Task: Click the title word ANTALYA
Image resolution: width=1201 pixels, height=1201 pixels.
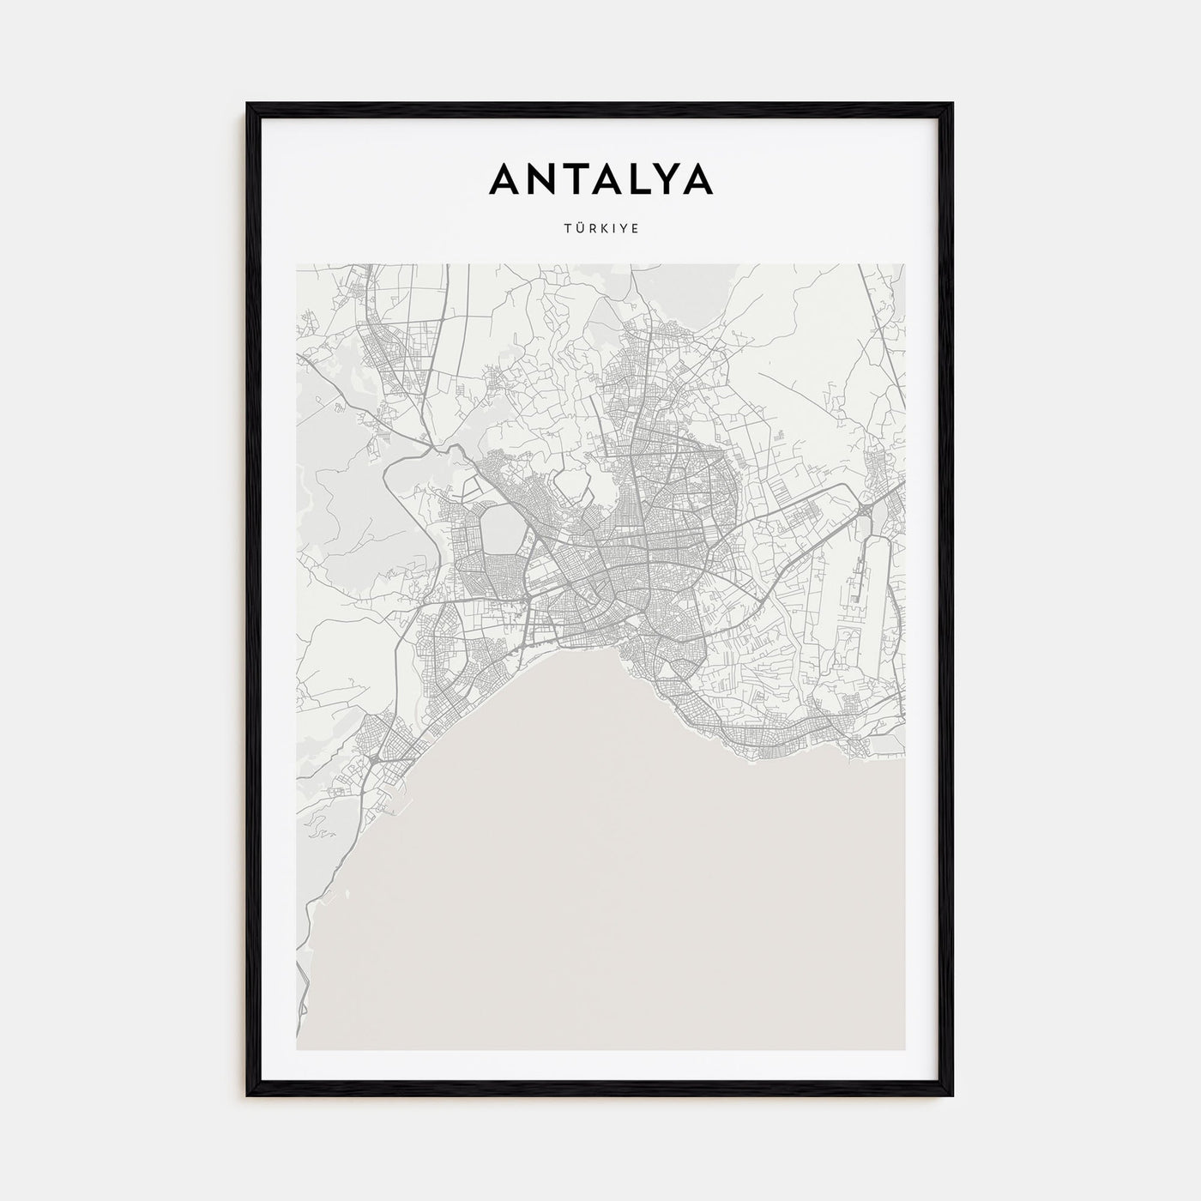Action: [x=600, y=179]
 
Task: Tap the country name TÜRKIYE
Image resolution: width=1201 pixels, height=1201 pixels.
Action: [x=600, y=229]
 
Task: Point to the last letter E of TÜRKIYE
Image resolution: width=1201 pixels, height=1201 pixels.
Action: [x=635, y=229]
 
